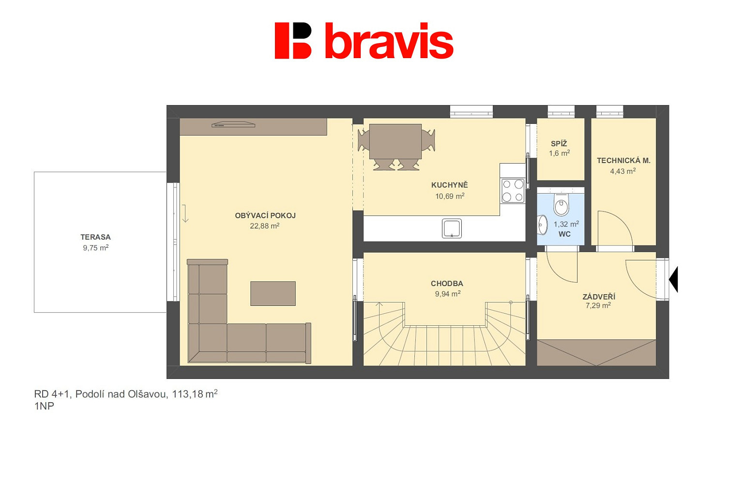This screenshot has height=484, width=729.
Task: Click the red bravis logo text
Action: (x=389, y=41)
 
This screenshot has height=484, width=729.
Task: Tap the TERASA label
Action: (x=96, y=237)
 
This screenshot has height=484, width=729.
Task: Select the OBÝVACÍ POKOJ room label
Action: (x=265, y=215)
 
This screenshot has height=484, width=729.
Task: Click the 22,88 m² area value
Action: (x=265, y=226)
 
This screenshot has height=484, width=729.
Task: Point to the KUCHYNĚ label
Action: (x=449, y=185)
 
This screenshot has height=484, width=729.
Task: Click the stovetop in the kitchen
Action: (x=513, y=191)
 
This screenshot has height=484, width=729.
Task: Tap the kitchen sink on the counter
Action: (x=452, y=228)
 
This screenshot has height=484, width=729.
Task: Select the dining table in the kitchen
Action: (x=395, y=141)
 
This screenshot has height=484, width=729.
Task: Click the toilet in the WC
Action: (x=561, y=205)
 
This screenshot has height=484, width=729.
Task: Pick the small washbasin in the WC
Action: (x=543, y=225)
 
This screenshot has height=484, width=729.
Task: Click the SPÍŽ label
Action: (x=559, y=144)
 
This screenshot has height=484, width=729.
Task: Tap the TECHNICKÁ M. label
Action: (x=623, y=161)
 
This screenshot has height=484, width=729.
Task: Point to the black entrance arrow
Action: (x=674, y=279)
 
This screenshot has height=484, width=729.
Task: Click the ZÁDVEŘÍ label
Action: (x=599, y=297)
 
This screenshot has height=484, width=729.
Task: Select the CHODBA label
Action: (x=447, y=284)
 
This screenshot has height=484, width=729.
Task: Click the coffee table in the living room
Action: (x=273, y=294)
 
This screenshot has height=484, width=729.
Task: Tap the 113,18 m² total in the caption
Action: (x=195, y=394)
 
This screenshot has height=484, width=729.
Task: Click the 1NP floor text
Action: (x=44, y=406)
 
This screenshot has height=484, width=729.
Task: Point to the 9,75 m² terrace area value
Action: (x=96, y=248)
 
